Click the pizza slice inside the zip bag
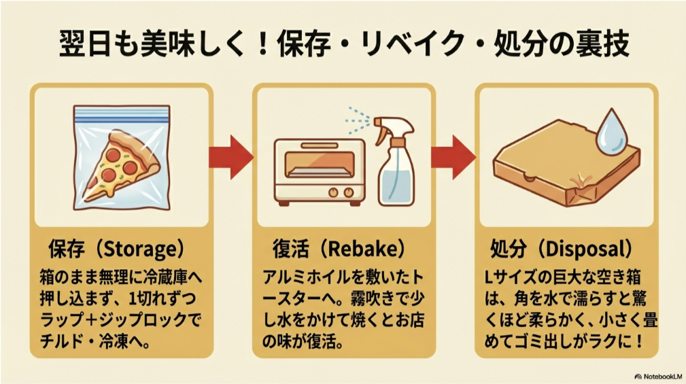pyautogui.click(x=122, y=167)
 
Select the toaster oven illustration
pyautogui.click(x=318, y=171)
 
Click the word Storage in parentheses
pyautogui.click(x=142, y=250)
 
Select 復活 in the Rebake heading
pyautogui.click(x=290, y=250)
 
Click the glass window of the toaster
pyautogui.click(x=314, y=164)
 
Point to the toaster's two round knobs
pyautogui.click(x=340, y=193)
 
